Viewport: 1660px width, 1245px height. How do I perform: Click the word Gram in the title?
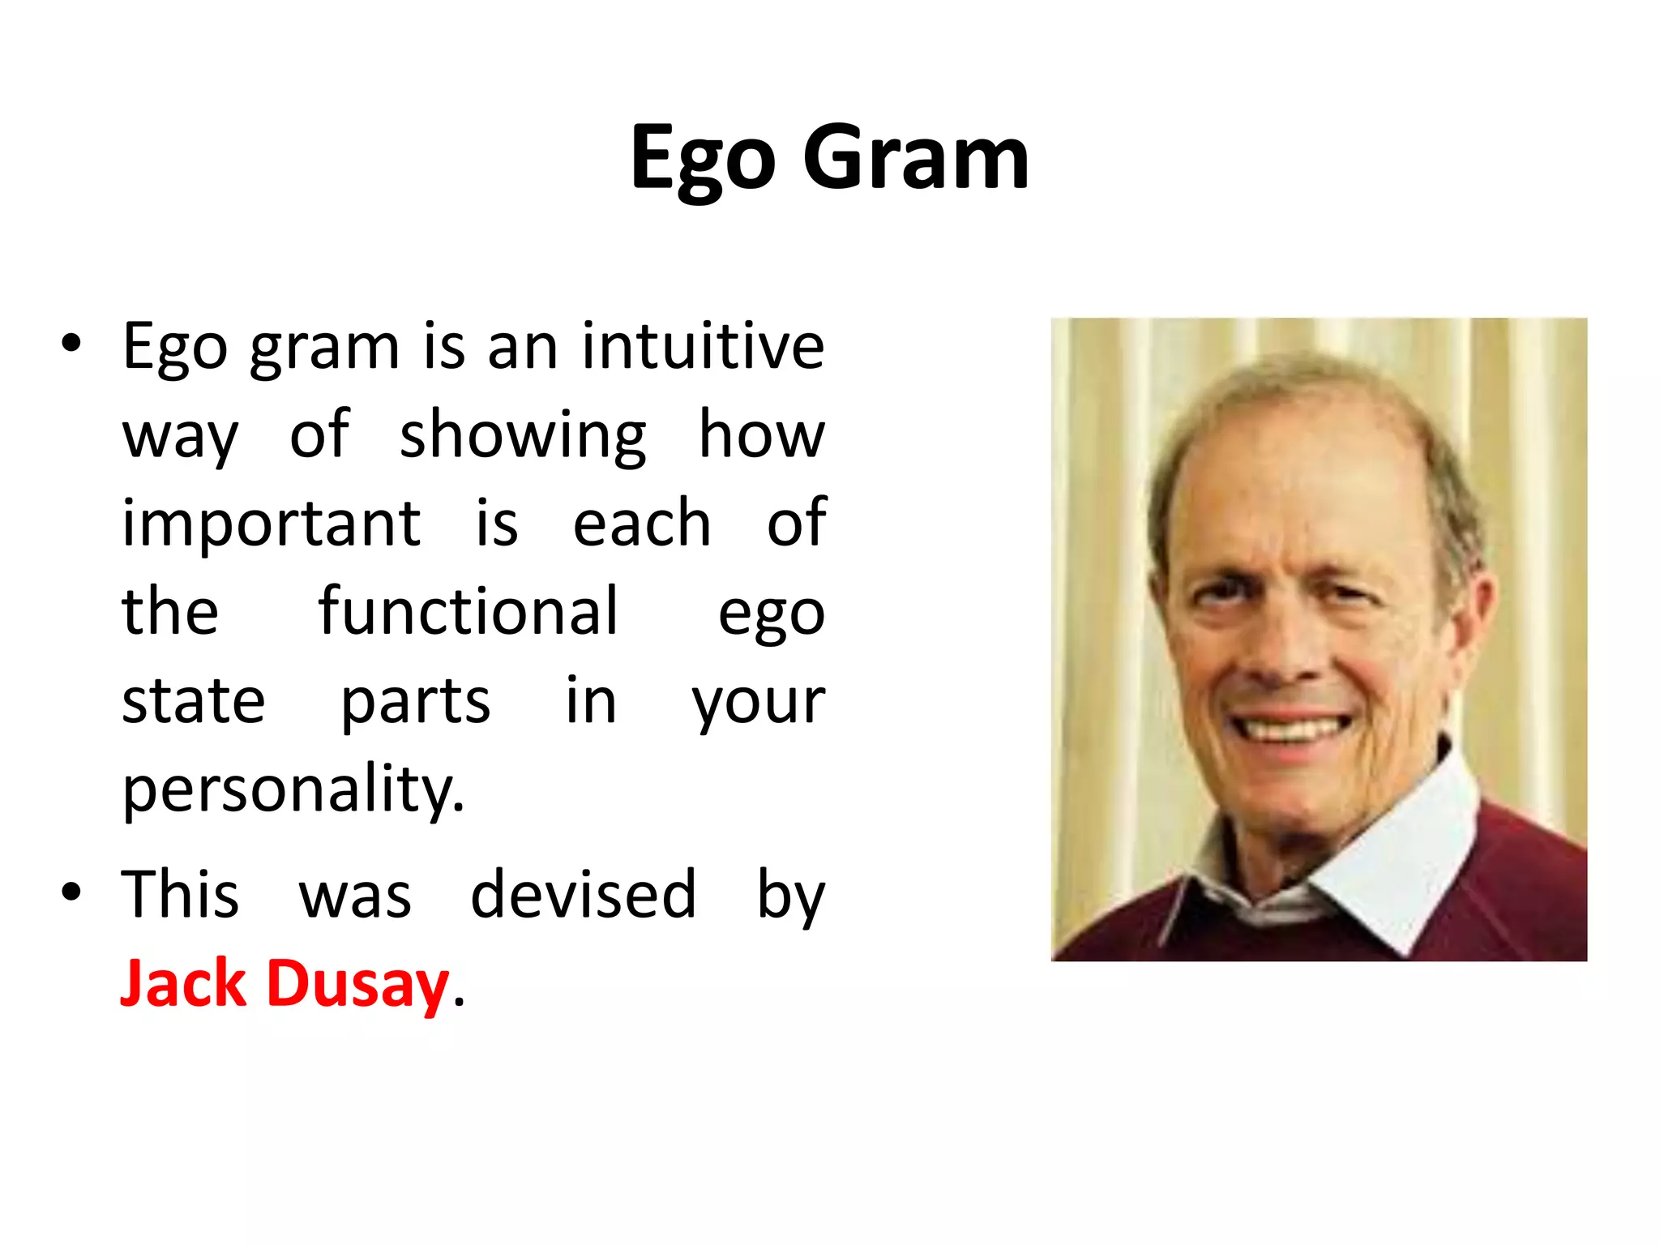coord(916,158)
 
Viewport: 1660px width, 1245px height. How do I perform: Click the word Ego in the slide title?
coord(704,160)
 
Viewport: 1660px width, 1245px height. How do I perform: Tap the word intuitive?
coord(703,346)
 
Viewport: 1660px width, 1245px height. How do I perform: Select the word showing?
coord(523,436)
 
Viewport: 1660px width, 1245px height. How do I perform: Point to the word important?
coord(271,525)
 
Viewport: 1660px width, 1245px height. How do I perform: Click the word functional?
coord(468,611)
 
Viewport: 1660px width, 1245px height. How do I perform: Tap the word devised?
coord(583,894)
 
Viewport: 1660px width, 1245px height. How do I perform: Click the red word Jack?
coord(183,983)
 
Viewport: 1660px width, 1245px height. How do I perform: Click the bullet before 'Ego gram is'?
coord(71,343)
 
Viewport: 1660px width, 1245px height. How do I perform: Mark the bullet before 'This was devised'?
coord(71,892)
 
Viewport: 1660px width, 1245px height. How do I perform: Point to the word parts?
coord(415,701)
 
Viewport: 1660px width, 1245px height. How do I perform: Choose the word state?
coord(193,701)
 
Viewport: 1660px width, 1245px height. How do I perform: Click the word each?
coord(641,524)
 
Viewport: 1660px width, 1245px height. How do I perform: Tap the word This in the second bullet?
coord(180,894)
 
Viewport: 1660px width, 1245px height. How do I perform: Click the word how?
coord(761,436)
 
